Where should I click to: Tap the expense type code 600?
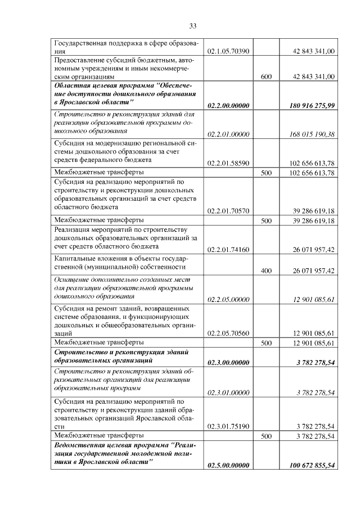point(267,76)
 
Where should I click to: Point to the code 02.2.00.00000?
point(228,105)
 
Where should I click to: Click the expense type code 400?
point(267,271)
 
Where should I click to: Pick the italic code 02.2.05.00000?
point(228,299)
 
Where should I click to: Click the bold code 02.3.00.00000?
point(228,363)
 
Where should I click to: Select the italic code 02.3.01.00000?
point(228,392)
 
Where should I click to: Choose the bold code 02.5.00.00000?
point(228,465)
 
